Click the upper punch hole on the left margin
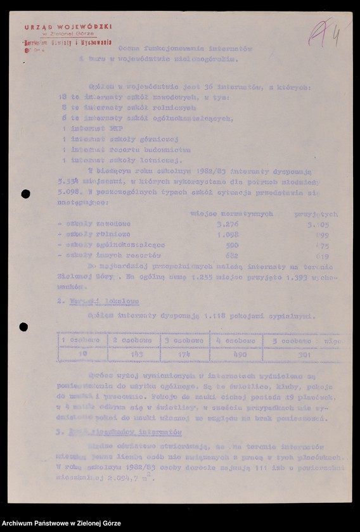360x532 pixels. click(x=25, y=194)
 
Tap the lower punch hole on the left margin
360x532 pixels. click(x=23, y=327)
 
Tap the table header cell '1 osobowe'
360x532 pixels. click(x=80, y=340)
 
